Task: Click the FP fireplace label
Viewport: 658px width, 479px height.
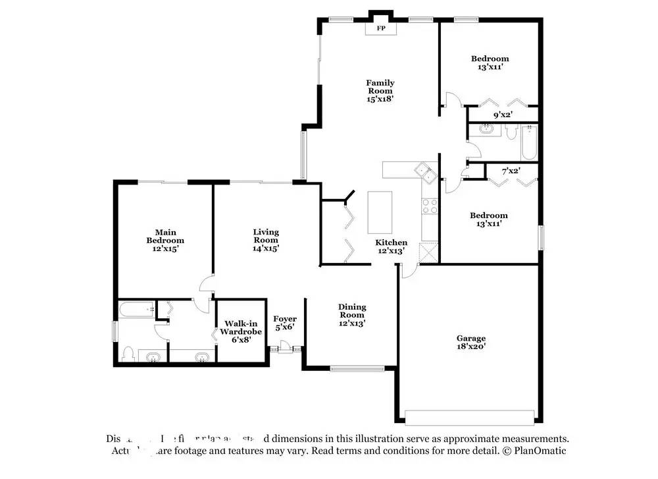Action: [380, 29]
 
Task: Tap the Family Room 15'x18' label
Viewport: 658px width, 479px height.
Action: [380, 91]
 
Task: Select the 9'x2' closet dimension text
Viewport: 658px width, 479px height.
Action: [503, 115]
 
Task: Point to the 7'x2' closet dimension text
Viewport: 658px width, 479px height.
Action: [511, 171]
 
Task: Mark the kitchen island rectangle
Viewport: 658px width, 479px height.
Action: [379, 211]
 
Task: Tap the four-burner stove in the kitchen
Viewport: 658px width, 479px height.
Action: [429, 206]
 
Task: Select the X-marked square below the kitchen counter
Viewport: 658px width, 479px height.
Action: [428, 252]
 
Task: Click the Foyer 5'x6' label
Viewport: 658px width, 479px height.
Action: [285, 323]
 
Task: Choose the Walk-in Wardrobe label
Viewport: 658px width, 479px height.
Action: [240, 327]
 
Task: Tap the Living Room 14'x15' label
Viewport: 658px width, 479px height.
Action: [266, 240]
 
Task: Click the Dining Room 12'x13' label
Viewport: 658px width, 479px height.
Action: [352, 315]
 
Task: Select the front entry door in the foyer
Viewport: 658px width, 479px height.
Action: [286, 346]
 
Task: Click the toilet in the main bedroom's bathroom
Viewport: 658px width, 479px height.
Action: [128, 354]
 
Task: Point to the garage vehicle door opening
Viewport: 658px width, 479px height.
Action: [470, 418]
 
